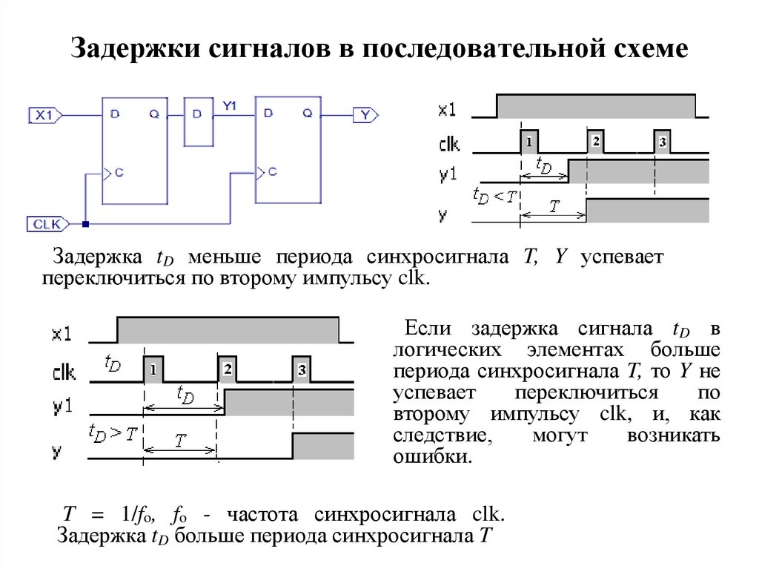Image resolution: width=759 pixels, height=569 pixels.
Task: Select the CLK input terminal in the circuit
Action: (x=47, y=223)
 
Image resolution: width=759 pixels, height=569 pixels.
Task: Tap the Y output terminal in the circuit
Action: (x=365, y=115)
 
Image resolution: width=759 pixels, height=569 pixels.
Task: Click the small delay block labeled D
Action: (x=197, y=120)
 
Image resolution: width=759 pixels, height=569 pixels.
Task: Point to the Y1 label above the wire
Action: (x=231, y=106)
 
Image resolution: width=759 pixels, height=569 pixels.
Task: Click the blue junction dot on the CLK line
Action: (x=86, y=223)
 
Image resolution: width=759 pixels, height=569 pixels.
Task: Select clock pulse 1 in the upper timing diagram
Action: (x=528, y=141)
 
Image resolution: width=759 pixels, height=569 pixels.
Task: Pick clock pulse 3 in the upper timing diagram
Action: (x=662, y=141)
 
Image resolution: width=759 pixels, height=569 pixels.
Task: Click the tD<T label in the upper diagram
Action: (x=494, y=197)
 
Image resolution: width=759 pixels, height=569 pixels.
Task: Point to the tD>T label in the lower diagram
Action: (x=112, y=432)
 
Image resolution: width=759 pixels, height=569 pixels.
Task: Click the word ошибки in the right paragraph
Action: (x=431, y=455)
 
